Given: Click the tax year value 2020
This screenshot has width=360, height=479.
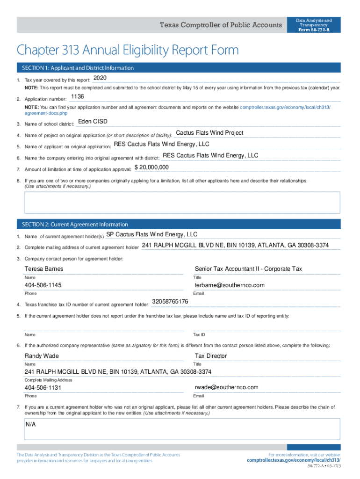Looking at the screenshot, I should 101,78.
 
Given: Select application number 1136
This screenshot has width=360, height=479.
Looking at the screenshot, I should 77,96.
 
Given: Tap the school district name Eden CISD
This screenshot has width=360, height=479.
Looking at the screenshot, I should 93,122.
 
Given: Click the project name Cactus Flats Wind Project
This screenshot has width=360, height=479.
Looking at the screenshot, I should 209,133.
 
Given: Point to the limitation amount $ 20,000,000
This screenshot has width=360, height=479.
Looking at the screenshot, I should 151,167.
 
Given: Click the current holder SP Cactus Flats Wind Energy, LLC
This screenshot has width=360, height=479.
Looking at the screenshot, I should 152,234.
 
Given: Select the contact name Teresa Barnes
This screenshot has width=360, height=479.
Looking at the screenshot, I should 44,269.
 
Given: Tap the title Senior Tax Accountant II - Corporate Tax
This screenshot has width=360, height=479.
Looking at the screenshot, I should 248,269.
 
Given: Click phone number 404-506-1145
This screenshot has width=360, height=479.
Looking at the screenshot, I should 43,285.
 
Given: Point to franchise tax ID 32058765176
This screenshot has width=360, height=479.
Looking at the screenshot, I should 170,302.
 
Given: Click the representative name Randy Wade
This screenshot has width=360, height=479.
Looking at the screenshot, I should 42,356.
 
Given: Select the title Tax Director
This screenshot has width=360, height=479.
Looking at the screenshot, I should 211,356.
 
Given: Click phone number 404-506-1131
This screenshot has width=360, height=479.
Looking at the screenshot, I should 43,388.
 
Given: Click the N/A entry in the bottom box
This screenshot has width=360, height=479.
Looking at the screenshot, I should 31,425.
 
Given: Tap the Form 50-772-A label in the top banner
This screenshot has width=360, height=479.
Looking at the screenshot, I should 314,30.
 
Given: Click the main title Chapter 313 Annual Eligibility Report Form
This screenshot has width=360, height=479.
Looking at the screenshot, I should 128,50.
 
